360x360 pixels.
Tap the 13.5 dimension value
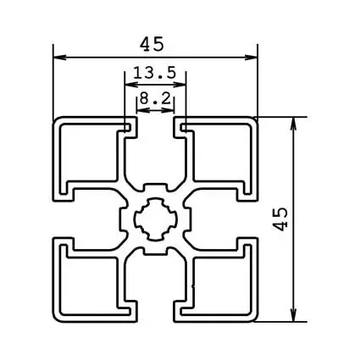click(x=155, y=74)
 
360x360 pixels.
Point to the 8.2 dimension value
click(x=155, y=99)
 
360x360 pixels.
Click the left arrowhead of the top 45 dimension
click(x=58, y=58)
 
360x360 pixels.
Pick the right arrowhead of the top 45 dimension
click(x=252, y=58)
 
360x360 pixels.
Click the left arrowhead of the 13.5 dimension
click(x=130, y=85)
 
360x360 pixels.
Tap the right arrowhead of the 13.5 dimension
click(x=181, y=85)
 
